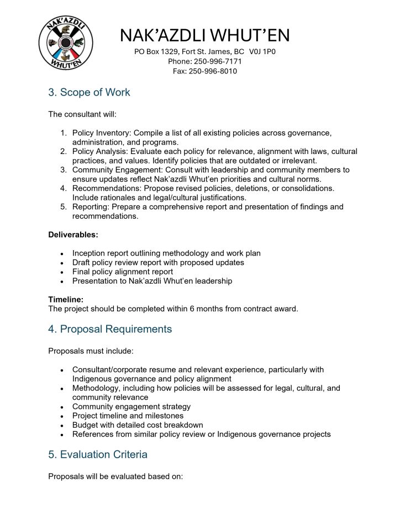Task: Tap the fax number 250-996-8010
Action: click(213, 71)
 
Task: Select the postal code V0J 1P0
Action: click(262, 51)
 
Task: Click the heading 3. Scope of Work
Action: click(89, 92)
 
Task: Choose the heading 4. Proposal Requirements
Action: click(110, 329)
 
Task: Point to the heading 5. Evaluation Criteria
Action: click(98, 455)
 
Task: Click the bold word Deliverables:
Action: click(73, 235)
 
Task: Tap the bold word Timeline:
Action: click(66, 299)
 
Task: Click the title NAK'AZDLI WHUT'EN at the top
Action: click(204, 35)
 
